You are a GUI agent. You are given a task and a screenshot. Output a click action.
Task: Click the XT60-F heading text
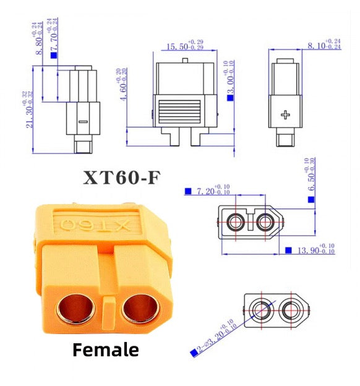122,178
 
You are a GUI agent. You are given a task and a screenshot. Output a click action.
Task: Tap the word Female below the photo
106,350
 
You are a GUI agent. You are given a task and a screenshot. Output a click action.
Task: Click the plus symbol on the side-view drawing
285,114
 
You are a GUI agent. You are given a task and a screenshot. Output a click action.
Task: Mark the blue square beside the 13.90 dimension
288,250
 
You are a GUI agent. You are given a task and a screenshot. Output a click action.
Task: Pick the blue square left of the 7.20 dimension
188,192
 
